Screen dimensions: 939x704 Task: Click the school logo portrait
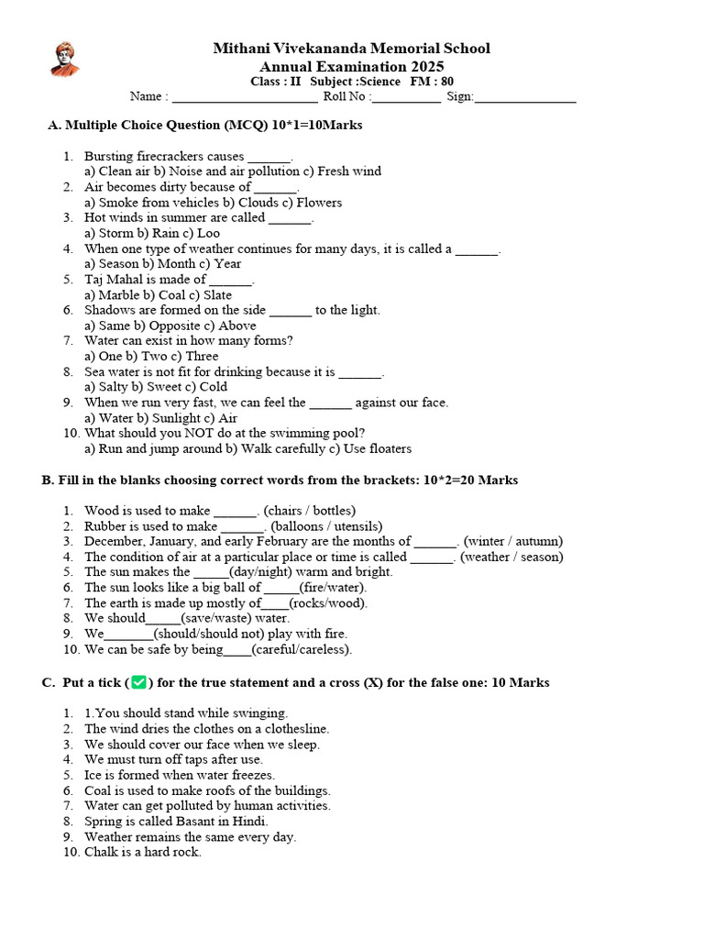pos(63,59)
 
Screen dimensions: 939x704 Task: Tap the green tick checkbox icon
pos(139,683)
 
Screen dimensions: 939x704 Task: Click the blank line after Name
pos(245,98)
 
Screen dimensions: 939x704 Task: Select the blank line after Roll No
pos(406,98)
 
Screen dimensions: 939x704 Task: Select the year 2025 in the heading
pos(426,66)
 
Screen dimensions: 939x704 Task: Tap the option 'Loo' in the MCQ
pos(208,233)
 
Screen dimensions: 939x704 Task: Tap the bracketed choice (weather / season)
pos(511,557)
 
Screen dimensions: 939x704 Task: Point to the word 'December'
pos(113,541)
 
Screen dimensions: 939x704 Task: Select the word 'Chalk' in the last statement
pos(101,852)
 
